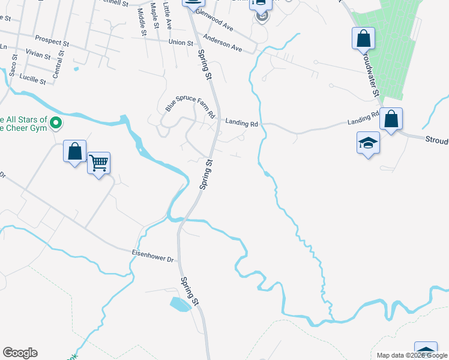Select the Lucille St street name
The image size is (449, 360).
click(x=33, y=79)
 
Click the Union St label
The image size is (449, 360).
click(x=181, y=43)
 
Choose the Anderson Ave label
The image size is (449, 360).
click(x=222, y=43)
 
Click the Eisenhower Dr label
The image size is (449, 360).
click(x=152, y=256)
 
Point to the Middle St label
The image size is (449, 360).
click(x=142, y=22)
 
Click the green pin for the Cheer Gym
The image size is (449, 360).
click(x=56, y=124)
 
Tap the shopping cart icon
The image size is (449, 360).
click(x=98, y=162)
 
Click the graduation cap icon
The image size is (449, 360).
click(x=368, y=143)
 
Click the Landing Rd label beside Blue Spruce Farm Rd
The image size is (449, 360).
click(x=241, y=123)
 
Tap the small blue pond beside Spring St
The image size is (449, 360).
click(x=180, y=304)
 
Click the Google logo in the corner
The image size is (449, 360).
click(x=20, y=353)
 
